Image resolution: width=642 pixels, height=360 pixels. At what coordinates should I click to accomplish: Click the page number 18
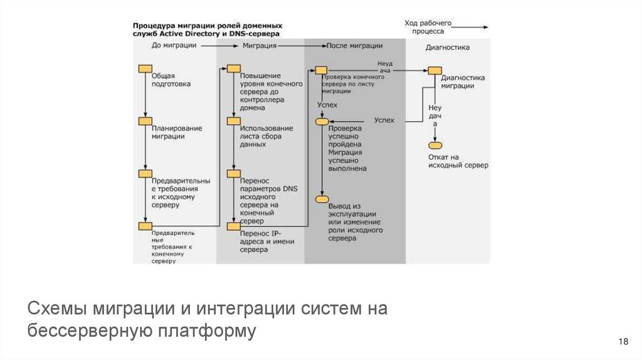623,341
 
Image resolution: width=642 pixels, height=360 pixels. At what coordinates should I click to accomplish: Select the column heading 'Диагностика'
447,47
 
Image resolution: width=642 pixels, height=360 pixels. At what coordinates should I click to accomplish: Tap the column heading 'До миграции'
174,46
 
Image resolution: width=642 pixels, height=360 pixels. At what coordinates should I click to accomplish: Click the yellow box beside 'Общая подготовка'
145,68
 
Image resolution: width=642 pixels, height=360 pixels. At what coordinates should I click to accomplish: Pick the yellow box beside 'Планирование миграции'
145,121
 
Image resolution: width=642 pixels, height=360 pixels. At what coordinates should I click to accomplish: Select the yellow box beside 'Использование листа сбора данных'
233,121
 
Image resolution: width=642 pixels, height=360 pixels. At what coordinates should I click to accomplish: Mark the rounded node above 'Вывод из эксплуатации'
322,199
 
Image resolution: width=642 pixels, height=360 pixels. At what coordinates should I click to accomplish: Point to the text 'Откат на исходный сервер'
458,161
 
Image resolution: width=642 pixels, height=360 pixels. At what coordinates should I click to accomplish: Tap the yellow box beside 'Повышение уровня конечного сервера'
233,68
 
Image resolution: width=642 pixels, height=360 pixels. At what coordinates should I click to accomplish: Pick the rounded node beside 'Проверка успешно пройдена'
322,120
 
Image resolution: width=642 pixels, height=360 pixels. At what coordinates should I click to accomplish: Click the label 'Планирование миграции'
176,132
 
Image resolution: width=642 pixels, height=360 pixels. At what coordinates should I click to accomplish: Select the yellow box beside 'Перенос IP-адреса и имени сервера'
233,226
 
